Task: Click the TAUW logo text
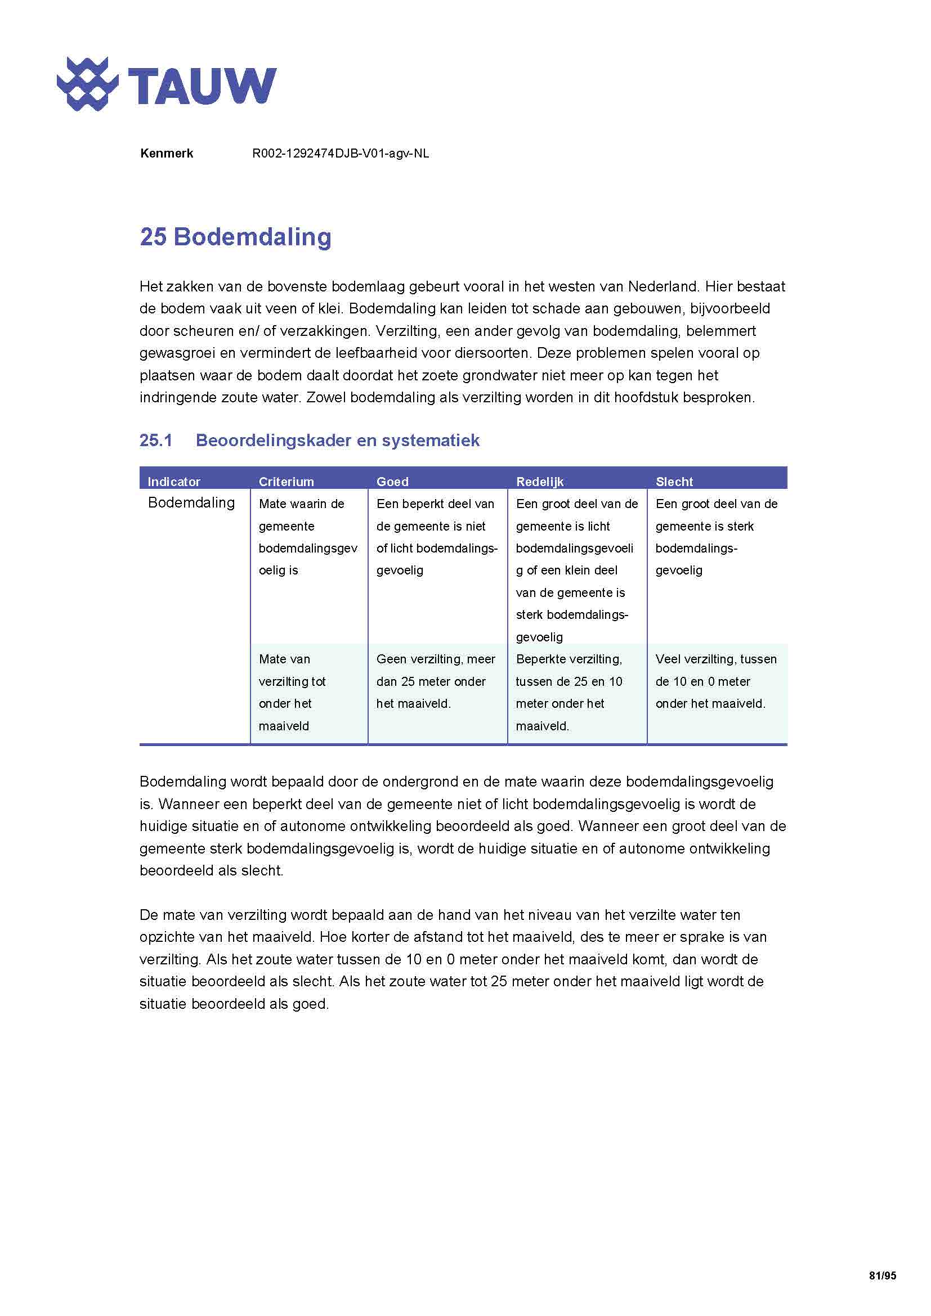pyautogui.click(x=202, y=86)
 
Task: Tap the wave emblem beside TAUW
pyautogui.click(x=87, y=84)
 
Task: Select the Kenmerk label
pyautogui.click(x=166, y=154)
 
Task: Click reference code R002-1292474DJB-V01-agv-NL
pyautogui.click(x=341, y=154)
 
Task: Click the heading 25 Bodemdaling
pyautogui.click(x=236, y=237)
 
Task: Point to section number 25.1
pyautogui.click(x=156, y=440)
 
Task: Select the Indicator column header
pyautogui.click(x=174, y=482)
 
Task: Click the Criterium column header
pyautogui.click(x=286, y=482)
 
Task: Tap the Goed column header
pyautogui.click(x=392, y=482)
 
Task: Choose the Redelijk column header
pyautogui.click(x=539, y=482)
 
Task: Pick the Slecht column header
pyautogui.click(x=674, y=482)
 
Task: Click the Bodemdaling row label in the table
pyautogui.click(x=191, y=502)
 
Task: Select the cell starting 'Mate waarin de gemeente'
pyautogui.click(x=307, y=537)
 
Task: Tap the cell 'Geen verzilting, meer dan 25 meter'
pyautogui.click(x=436, y=681)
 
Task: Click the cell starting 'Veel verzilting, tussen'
pyautogui.click(x=715, y=681)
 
